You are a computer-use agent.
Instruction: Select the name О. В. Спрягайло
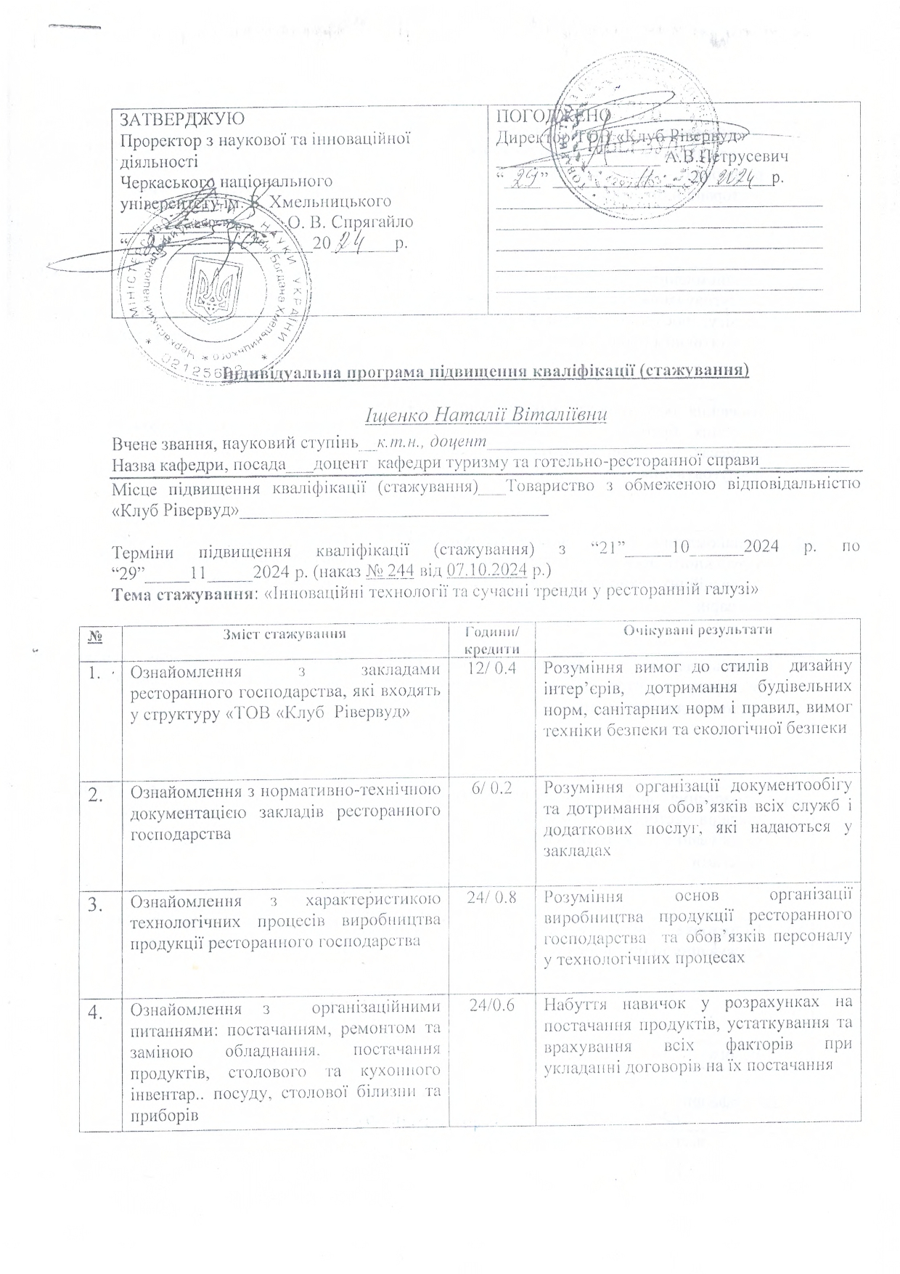point(351,222)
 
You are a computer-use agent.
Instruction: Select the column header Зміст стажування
point(282,633)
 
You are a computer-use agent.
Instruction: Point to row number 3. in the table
point(97,904)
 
